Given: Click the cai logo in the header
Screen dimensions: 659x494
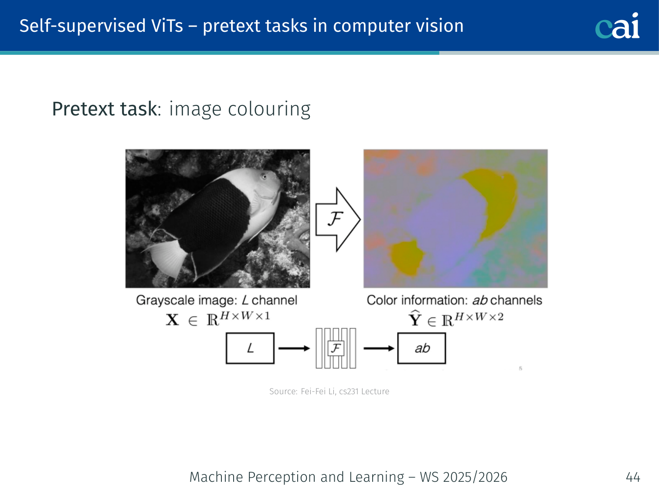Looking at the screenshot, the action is point(617,26).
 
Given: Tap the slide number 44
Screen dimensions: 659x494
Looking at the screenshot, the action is point(633,477).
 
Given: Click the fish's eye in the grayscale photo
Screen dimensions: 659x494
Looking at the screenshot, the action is point(264,177).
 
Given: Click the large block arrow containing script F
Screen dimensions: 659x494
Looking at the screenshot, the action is point(338,219).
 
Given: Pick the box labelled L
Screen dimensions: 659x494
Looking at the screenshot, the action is point(250,348).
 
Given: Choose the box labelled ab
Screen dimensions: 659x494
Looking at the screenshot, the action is point(421,348).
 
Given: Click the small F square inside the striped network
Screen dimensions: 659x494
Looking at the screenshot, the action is point(336,348).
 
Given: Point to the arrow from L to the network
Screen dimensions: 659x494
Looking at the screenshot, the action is point(294,348).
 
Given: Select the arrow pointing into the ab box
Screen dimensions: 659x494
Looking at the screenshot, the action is point(379,348).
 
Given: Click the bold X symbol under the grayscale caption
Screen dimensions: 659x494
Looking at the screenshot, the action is point(172,320).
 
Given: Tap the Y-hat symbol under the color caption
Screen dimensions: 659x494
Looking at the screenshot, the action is point(415,318).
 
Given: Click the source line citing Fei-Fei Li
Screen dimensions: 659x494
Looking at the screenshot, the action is point(329,392).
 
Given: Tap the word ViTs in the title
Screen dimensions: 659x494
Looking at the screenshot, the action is point(167,26).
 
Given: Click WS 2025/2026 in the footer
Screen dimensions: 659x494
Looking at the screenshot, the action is point(464,477).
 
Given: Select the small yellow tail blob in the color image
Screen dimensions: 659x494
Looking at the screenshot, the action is point(406,257).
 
